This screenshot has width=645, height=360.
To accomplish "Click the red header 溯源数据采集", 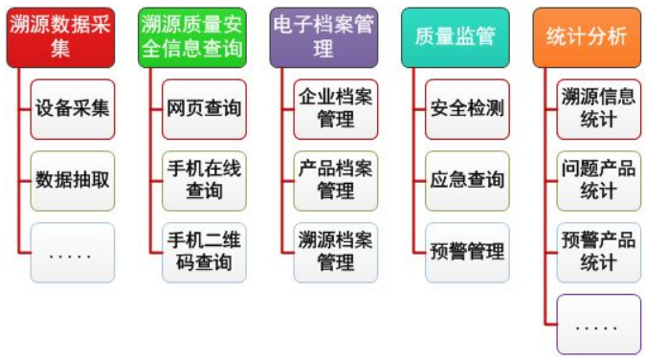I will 60,36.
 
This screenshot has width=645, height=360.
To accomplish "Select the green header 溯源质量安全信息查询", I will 191,36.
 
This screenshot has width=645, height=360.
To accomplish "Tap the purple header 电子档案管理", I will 322,36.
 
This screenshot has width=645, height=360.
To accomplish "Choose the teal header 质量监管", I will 455,36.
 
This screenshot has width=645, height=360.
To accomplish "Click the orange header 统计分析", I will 586,36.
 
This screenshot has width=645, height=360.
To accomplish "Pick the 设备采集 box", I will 72,108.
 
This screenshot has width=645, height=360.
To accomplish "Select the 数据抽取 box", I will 72,180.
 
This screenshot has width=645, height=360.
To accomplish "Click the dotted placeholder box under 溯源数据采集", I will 72,253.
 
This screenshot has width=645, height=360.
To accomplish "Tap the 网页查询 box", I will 203,108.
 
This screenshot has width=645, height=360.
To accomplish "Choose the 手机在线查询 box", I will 203,180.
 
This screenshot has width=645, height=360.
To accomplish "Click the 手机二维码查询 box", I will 203,253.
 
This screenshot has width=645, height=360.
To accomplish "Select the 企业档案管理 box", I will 335,108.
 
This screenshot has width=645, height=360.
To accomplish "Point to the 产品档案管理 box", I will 335,180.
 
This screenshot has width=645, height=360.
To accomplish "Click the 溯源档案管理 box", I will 335,253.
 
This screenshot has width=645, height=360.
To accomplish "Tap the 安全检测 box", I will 467,108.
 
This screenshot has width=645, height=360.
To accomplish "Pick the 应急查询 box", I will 467,180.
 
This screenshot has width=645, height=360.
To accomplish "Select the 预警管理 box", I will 467,253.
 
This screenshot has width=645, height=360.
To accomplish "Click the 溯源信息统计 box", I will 598,108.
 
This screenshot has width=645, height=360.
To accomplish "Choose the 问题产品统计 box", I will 598,180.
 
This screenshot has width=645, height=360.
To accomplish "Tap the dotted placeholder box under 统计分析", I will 598,325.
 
